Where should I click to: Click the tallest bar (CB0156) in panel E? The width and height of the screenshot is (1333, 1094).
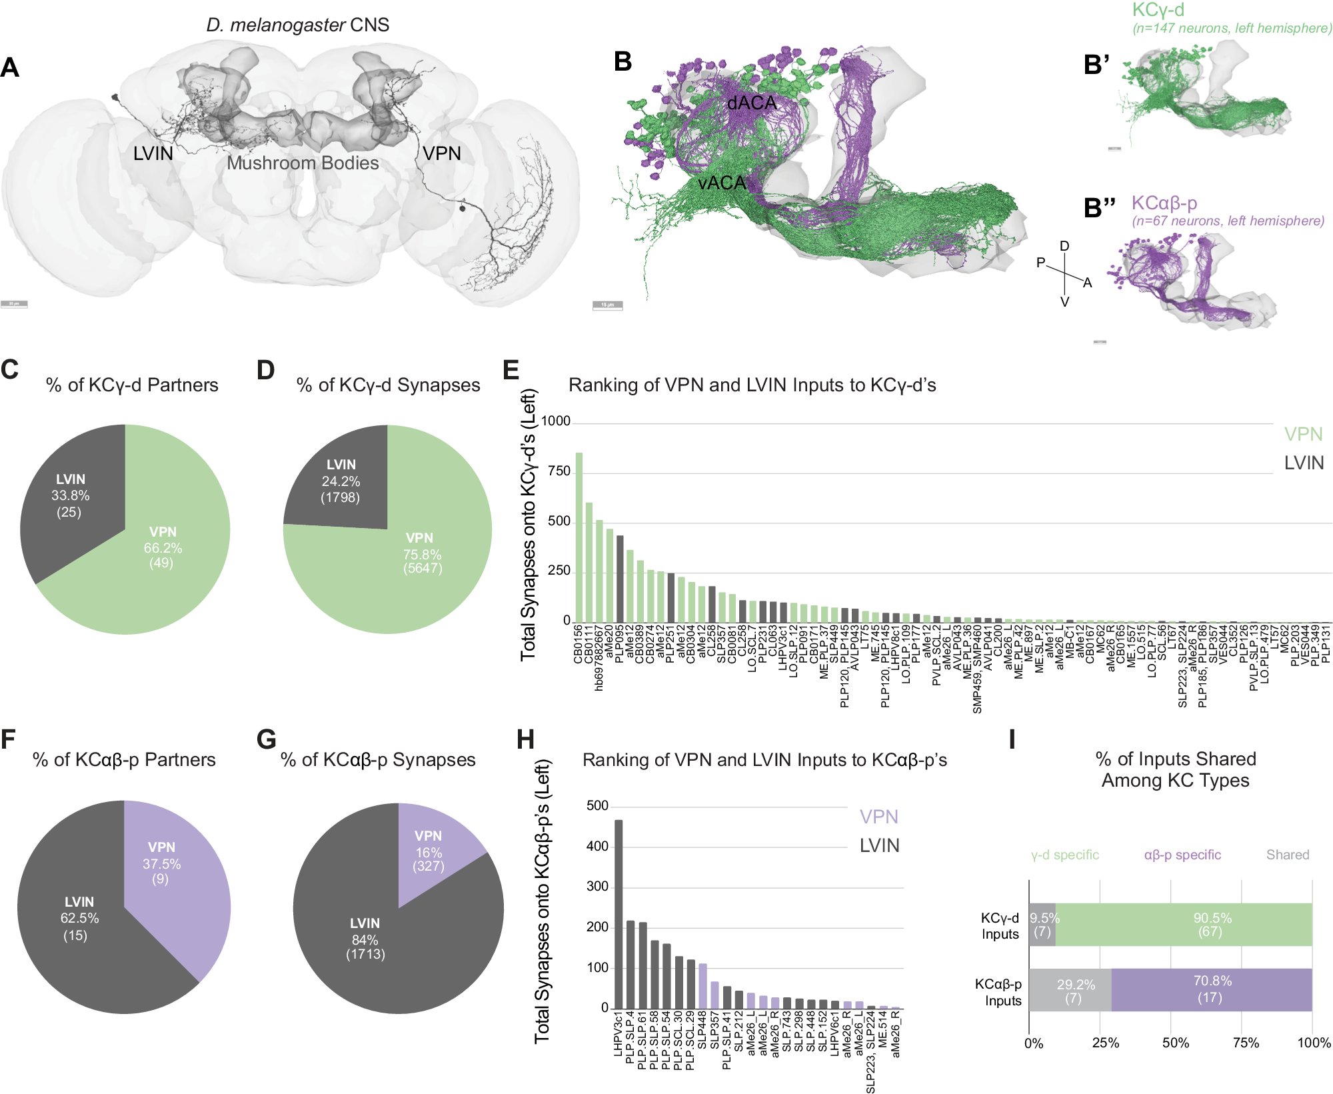579,537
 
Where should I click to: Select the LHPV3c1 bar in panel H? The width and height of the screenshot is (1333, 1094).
619,914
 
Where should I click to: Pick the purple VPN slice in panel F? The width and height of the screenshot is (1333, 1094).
170,880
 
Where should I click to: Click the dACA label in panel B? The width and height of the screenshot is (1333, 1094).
752,103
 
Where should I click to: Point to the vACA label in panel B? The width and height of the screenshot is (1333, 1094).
722,183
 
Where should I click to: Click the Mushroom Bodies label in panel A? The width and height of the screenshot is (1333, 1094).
303,163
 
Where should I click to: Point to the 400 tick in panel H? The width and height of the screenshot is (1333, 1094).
597,847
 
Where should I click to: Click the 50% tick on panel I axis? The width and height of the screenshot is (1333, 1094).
1176,1043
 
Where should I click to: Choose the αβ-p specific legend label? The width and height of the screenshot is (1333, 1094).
1182,855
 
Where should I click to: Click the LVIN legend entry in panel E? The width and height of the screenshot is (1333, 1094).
1304,463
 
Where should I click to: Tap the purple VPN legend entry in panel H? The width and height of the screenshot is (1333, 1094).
878,817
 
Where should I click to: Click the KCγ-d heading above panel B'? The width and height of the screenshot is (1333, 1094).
1158,10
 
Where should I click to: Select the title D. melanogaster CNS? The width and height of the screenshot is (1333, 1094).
297,25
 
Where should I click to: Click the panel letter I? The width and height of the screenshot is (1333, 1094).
1012,739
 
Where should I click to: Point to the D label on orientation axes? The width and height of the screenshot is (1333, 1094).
1064,246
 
